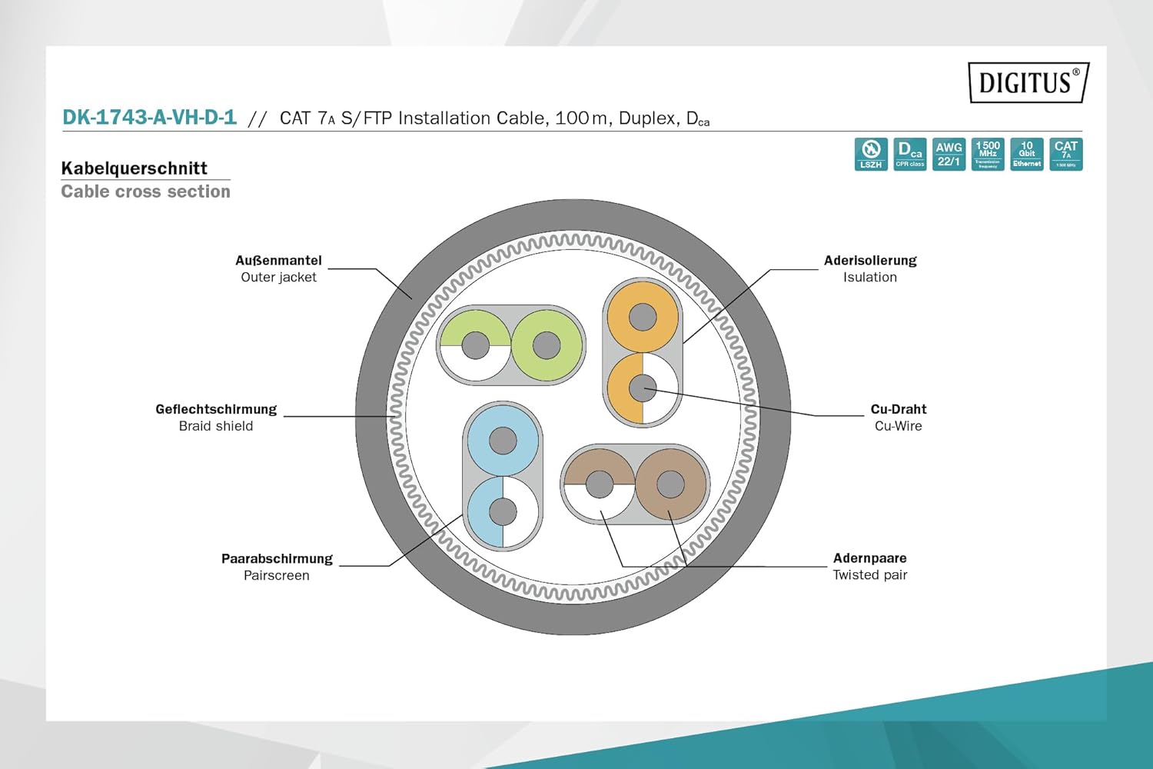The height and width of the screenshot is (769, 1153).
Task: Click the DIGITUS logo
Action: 1028,82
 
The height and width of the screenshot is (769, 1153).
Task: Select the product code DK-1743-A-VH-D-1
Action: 149,118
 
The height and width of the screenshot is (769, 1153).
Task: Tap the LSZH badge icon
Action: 871,154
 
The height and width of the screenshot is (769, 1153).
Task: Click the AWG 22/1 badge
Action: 949,154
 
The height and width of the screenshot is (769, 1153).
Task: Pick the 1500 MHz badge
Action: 988,154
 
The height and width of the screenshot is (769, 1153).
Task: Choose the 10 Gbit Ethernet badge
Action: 1027,154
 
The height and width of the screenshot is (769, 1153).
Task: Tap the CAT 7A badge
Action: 1066,154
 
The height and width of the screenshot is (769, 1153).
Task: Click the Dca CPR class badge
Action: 910,154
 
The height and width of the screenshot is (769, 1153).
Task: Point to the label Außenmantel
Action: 278,261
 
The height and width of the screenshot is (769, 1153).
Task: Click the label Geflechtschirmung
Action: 216,409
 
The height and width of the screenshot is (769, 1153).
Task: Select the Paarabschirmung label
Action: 277,558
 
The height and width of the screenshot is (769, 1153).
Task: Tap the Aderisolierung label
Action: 870,261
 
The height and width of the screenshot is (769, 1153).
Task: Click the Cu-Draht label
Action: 899,409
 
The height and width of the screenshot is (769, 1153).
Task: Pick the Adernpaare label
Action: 870,558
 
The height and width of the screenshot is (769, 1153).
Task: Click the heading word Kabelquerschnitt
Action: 135,168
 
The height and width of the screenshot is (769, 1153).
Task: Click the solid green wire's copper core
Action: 547,345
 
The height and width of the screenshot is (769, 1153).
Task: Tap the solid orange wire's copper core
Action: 643,317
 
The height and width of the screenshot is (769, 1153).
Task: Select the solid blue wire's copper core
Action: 503,441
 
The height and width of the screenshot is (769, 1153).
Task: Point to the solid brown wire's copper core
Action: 670,484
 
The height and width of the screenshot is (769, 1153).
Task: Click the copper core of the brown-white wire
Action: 600,484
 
